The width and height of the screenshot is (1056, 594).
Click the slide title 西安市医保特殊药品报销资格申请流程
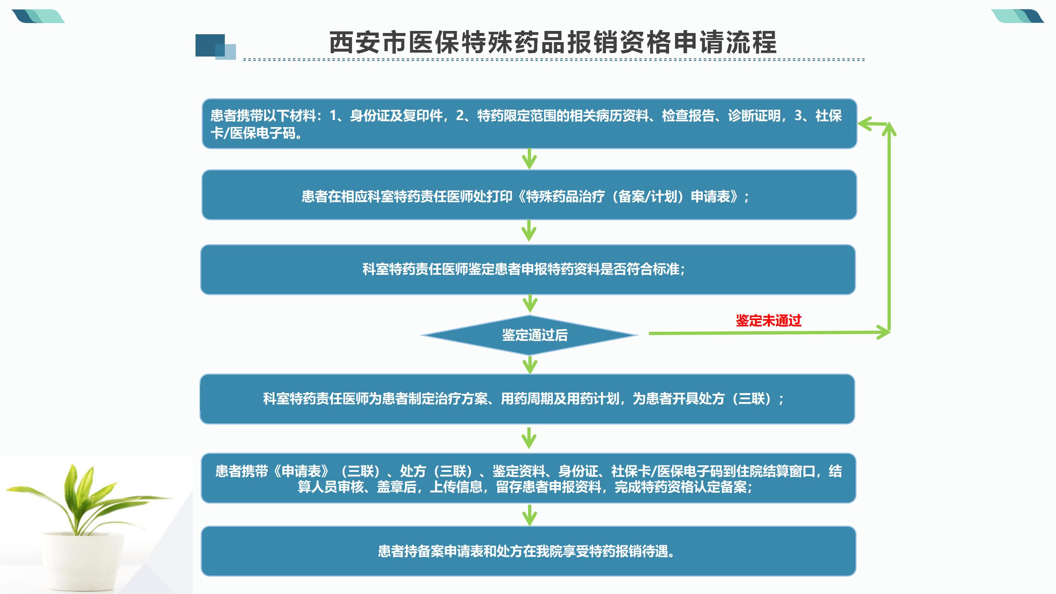553,42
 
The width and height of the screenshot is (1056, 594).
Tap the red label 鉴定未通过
768,321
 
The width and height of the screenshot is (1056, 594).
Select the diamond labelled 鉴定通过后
530,335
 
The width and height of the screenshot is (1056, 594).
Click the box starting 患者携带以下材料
529,124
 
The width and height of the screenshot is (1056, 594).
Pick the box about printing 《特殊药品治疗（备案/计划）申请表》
529,195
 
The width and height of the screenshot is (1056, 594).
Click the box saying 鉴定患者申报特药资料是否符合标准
528,270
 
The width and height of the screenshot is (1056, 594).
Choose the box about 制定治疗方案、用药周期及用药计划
527,399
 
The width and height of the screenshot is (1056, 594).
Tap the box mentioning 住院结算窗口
528,478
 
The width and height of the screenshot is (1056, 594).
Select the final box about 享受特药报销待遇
528,551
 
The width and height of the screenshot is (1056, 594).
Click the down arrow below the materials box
529,159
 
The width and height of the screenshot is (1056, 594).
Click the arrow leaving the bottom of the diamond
530,365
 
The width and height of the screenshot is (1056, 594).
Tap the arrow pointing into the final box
529,515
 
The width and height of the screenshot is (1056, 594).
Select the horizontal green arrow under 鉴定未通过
770,332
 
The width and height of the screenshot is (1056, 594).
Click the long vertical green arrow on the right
889,227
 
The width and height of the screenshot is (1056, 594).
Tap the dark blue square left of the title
210,45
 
